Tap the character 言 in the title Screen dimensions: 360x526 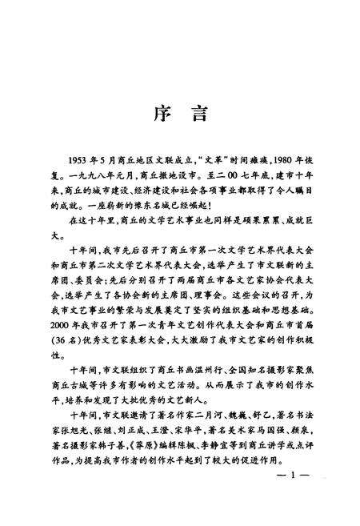199,114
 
